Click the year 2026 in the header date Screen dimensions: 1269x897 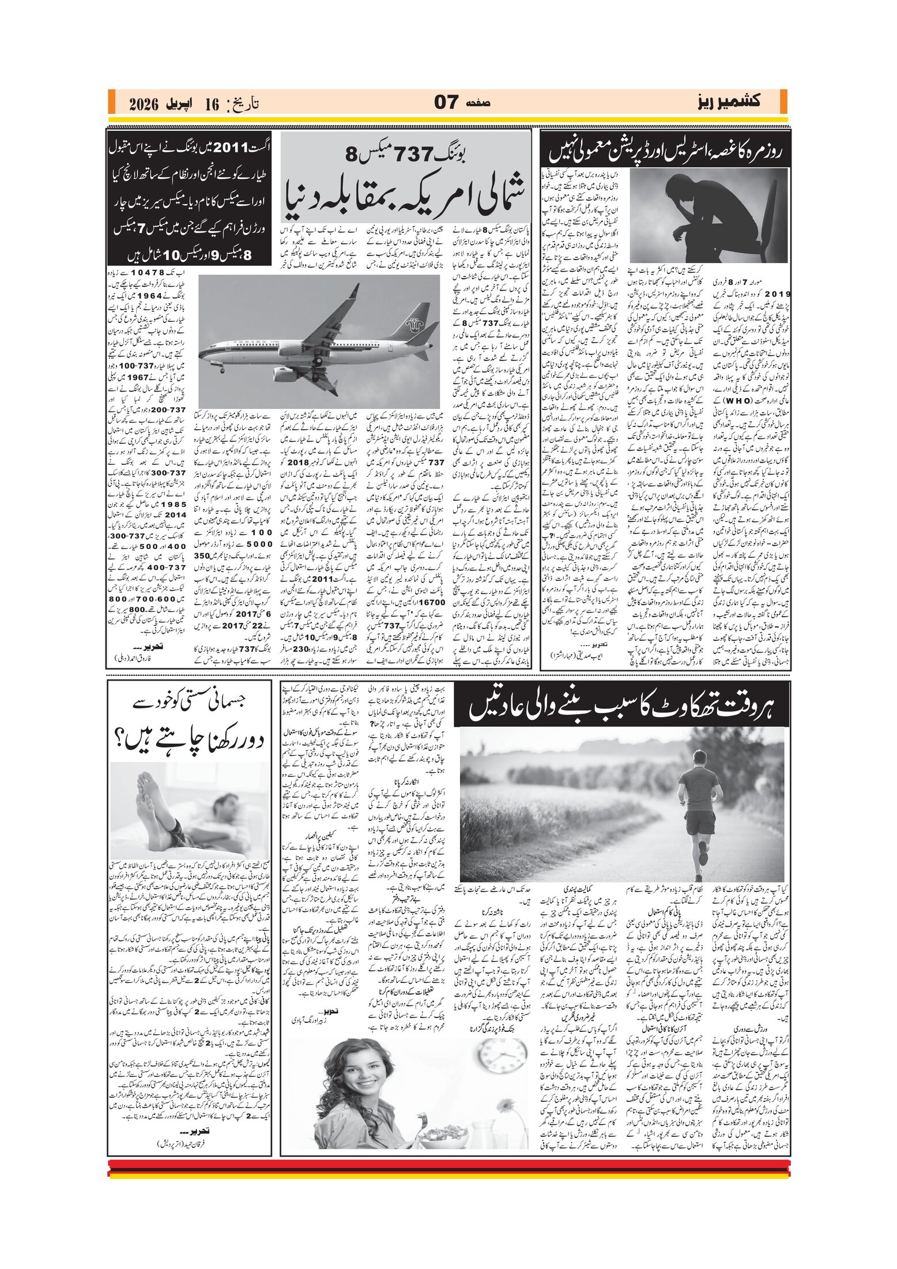(x=144, y=104)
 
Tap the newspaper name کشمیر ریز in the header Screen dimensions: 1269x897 (x=727, y=102)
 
